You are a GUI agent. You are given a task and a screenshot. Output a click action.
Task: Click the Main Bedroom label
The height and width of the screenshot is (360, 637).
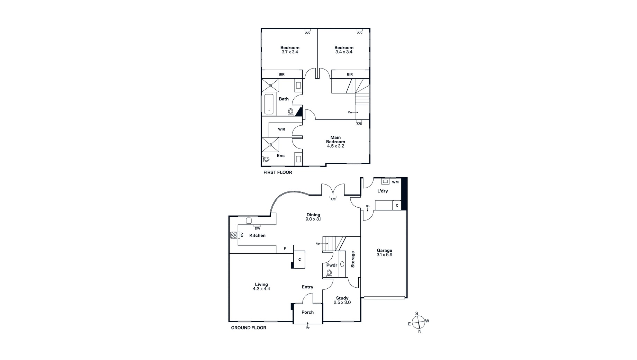[x=335, y=139]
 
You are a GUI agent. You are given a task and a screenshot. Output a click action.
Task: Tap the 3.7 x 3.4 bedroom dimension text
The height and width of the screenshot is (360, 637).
[x=290, y=52]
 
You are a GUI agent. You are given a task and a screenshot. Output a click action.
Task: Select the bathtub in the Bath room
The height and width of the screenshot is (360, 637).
[x=269, y=104]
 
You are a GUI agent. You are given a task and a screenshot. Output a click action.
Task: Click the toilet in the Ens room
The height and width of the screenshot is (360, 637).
[x=266, y=159]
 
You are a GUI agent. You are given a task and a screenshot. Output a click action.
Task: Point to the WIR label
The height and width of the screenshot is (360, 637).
[x=281, y=129]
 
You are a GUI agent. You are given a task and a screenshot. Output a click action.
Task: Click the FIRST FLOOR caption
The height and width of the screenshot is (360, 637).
[x=278, y=172]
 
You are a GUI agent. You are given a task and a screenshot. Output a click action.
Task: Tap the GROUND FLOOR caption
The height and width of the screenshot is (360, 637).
[x=249, y=328]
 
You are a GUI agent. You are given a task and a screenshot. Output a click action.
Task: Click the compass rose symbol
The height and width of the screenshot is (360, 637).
[x=419, y=322]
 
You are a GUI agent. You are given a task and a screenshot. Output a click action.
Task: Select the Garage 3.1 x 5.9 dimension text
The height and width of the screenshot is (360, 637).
[x=384, y=255]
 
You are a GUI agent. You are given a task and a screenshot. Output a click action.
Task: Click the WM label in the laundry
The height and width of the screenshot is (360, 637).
[x=395, y=182]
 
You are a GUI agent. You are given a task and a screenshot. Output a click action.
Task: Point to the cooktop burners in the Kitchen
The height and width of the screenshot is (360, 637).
[x=234, y=235]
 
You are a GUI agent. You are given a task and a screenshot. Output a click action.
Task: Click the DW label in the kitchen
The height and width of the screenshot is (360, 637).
[x=257, y=228]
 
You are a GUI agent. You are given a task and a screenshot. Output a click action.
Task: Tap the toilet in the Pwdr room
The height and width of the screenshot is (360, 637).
[x=329, y=273]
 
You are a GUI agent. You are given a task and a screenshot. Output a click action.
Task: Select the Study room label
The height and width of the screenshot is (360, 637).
[x=342, y=298]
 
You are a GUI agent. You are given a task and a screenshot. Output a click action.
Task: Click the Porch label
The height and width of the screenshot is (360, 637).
[x=307, y=312]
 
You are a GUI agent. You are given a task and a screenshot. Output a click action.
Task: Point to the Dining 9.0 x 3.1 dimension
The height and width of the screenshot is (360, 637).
[x=313, y=219]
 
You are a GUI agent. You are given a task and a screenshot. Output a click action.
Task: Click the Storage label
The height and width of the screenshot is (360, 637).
[x=353, y=259]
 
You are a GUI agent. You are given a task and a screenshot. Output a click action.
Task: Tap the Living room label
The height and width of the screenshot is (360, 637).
[x=261, y=285]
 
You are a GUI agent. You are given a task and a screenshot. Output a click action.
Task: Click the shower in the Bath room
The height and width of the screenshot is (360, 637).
[x=270, y=85]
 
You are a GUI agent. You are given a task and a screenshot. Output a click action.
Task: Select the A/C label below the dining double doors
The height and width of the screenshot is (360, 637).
[x=333, y=199]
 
